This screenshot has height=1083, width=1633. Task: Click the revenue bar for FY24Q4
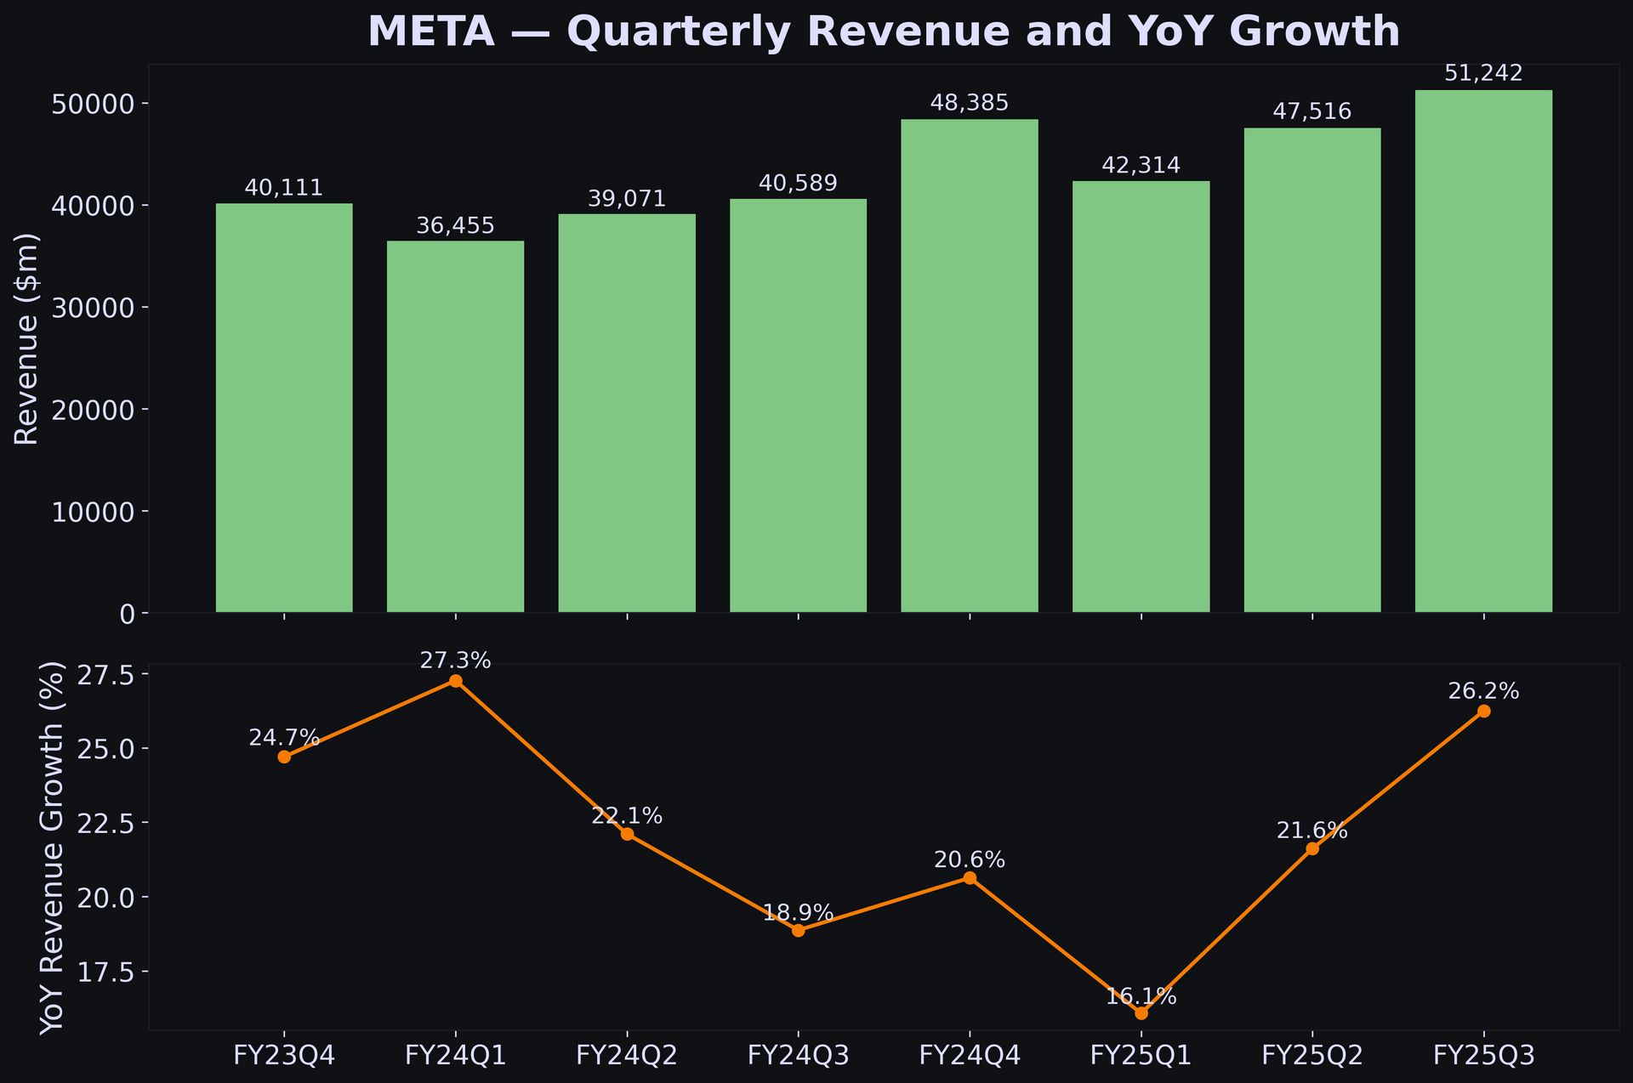[970, 366]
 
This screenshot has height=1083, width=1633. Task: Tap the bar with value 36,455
[455, 426]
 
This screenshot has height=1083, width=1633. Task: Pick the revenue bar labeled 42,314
[1141, 396]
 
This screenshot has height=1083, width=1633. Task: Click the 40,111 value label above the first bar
[284, 188]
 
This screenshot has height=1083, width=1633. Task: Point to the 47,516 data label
[1312, 112]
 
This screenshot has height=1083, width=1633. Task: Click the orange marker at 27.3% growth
[455, 681]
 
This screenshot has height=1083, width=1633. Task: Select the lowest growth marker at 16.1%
[1141, 1013]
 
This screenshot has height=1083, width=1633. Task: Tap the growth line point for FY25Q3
[1483, 712]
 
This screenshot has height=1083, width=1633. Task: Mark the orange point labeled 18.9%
[798, 931]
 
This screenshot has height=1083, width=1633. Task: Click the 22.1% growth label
[627, 816]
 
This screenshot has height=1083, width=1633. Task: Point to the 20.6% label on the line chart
[970, 860]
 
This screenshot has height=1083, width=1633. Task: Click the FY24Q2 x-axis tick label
[627, 1056]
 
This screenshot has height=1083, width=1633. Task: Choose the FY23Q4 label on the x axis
[284, 1056]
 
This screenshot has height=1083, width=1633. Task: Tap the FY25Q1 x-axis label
[1141, 1056]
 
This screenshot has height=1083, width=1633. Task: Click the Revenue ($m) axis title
[27, 338]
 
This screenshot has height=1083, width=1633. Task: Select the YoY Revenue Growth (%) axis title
[53, 848]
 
